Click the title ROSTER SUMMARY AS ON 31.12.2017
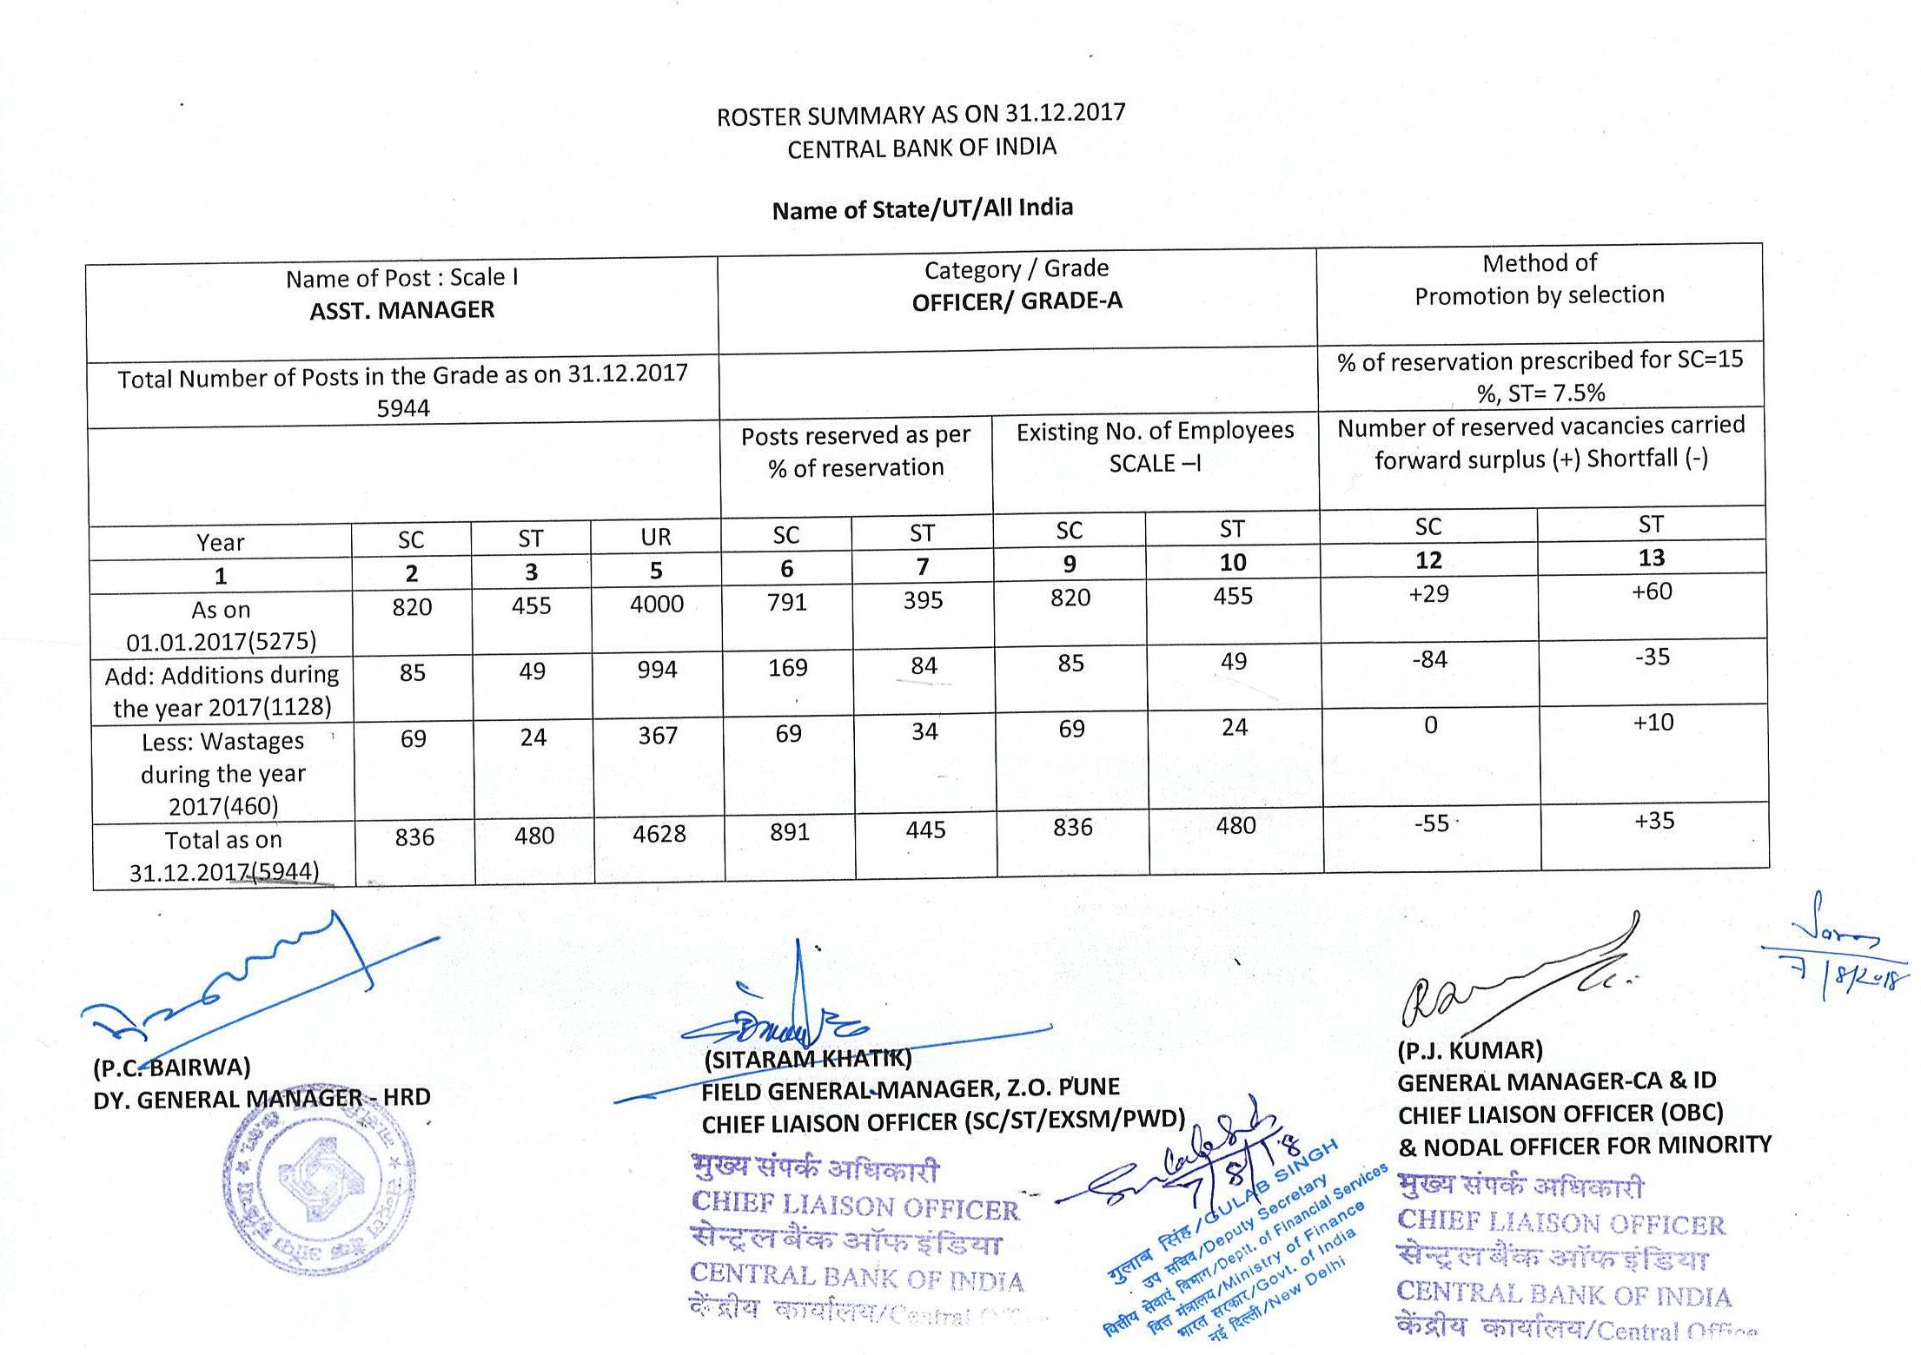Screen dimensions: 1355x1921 [920, 115]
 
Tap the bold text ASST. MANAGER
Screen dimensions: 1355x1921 [402, 310]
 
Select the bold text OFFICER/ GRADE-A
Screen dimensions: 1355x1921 [1017, 301]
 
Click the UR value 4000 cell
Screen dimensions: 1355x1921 [657, 604]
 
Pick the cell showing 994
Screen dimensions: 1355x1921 [657, 670]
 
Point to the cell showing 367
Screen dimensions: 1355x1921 [658, 736]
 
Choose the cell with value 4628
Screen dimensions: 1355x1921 [659, 834]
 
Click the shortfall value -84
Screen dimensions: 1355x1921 [1429, 660]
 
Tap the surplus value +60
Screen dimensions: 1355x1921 [1652, 592]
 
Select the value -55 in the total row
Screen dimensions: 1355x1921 [1431, 823]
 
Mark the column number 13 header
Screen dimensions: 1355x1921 [1651, 558]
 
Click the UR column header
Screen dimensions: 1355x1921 [656, 537]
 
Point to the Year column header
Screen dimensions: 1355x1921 [221, 543]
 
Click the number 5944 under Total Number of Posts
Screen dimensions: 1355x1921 [403, 408]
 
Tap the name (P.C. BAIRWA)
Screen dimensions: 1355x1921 [172, 1067]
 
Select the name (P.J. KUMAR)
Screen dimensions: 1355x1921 [1469, 1051]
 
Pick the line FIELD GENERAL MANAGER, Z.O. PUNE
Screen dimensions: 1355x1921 [911, 1088]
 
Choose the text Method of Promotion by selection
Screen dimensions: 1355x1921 [1539, 279]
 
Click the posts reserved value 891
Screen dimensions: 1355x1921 [789, 832]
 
